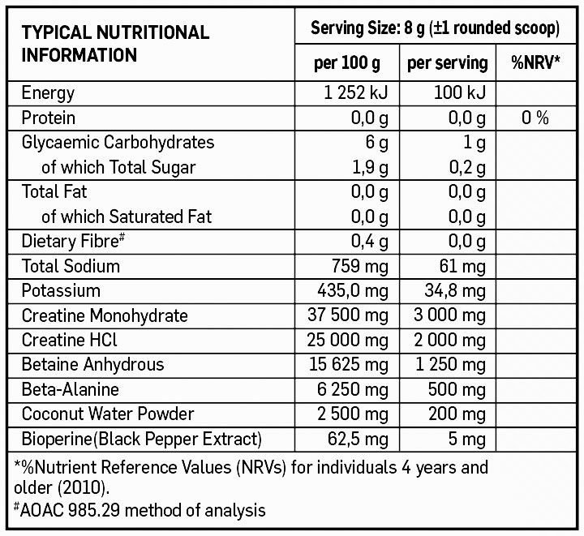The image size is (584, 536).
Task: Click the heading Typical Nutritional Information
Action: tap(115, 44)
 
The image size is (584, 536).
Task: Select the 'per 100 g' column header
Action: tap(346, 63)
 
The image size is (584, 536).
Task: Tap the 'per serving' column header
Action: tap(447, 63)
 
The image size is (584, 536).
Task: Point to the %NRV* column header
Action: tap(535, 63)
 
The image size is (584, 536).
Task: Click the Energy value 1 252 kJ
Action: tap(357, 93)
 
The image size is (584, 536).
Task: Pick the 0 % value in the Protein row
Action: tap(535, 118)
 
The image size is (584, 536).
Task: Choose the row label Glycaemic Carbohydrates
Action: tap(118, 143)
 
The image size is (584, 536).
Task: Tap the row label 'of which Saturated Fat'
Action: tap(127, 217)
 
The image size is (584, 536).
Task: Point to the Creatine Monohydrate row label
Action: tap(105, 315)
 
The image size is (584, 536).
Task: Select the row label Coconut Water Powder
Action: tap(108, 414)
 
